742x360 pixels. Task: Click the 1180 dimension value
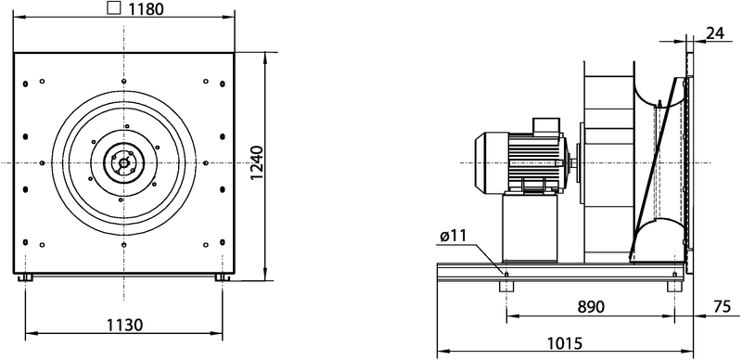coord(147,8)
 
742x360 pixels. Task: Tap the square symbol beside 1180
coord(114,8)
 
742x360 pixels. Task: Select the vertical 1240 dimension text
coord(257,162)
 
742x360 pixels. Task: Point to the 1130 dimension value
coord(124,326)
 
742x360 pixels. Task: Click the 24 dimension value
coord(715,33)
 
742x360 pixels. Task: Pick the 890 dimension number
coord(591,307)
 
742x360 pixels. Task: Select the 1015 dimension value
coord(565,342)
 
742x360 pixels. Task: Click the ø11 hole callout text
coord(454,237)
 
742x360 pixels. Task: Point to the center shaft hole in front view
coord(123,163)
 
